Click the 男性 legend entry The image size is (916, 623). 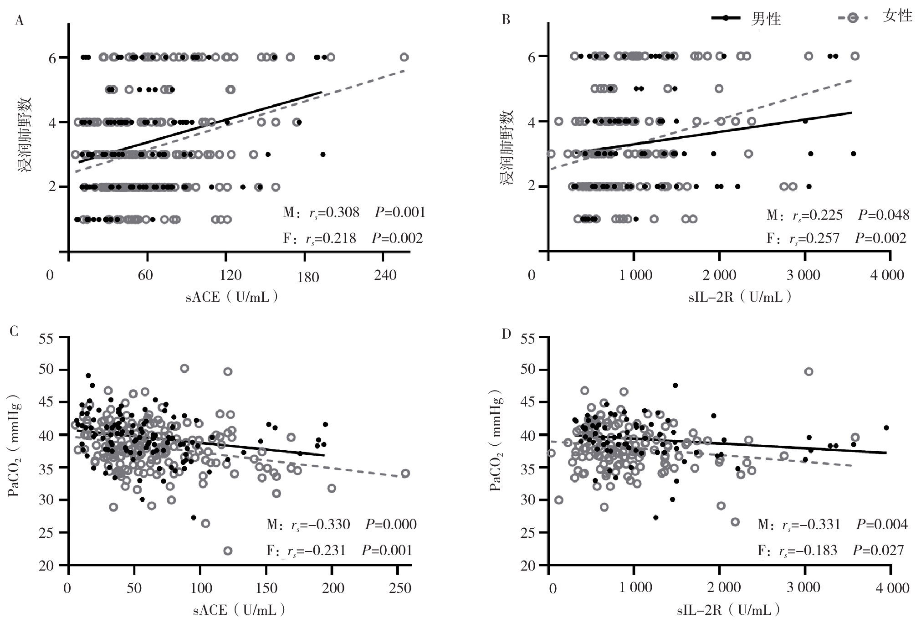click(x=747, y=19)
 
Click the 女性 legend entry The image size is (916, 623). click(x=876, y=17)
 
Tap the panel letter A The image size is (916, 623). click(x=19, y=21)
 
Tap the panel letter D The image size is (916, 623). click(x=506, y=334)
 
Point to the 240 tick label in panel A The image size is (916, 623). click(x=385, y=275)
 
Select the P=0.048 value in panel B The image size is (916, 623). click(x=884, y=215)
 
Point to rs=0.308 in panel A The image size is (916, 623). click(x=334, y=212)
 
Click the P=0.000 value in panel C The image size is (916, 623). click(x=391, y=525)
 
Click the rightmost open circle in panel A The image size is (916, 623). click(x=404, y=57)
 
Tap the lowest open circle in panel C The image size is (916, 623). click(x=227, y=551)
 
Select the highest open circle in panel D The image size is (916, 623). click(x=809, y=371)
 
